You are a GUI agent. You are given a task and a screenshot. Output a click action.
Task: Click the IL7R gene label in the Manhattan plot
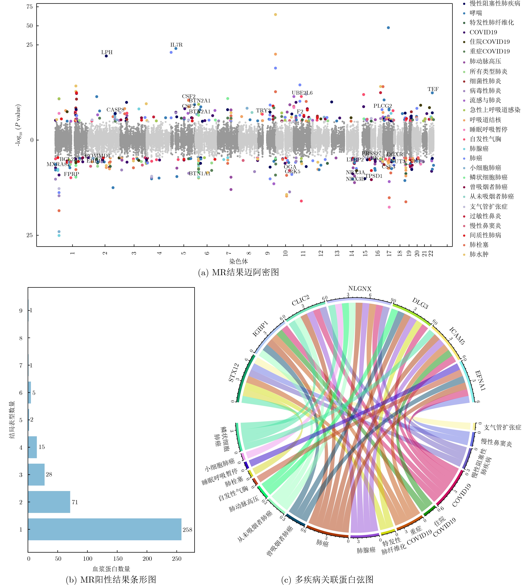pyautogui.click(x=176, y=45)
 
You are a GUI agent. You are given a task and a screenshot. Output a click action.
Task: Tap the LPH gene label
pyautogui.click(x=107, y=52)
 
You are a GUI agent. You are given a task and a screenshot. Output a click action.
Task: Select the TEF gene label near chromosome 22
pyautogui.click(x=433, y=89)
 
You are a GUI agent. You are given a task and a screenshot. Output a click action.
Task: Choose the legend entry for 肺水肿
pyautogui.click(x=479, y=254)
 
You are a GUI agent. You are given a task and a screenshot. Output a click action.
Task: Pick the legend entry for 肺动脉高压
pyautogui.click(x=485, y=61)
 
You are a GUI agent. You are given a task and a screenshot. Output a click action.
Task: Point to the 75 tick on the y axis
pyautogui.click(x=30, y=7)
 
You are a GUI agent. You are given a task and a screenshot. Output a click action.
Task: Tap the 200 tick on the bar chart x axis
pyautogui.click(x=147, y=559)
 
